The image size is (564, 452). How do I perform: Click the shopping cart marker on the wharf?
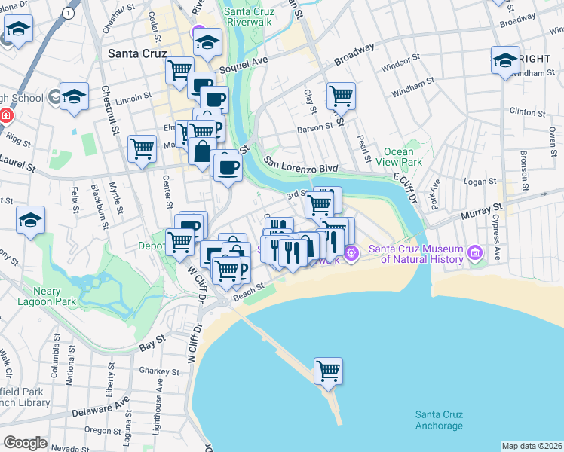pyautogui.click(x=328, y=371)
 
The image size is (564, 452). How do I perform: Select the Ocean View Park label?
pyautogui.click(x=402, y=157)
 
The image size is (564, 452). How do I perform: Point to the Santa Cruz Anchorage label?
pyautogui.click(x=439, y=420)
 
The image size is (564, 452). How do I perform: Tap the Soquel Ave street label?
pyautogui.click(x=244, y=65)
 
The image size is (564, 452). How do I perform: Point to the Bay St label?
pyautogui.click(x=152, y=345)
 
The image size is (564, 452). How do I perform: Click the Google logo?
pyautogui.click(x=24, y=443)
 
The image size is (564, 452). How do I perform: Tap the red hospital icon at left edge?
pyautogui.click(x=5, y=116)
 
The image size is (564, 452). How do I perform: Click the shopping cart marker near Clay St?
pyautogui.click(x=341, y=96)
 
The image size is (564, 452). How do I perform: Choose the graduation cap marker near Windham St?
pyautogui.click(x=505, y=60)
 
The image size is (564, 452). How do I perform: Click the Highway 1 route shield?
pyautogui.click(x=69, y=13)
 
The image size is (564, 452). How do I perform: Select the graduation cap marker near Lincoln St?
pyautogui.click(x=74, y=97)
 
